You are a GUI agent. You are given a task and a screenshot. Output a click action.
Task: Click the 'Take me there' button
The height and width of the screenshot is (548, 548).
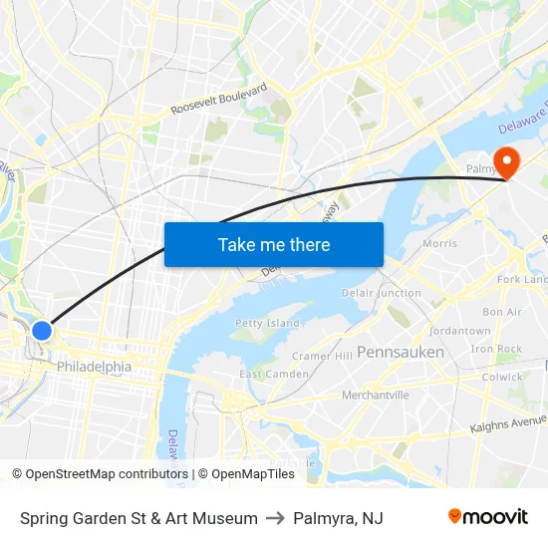pyautogui.click(x=274, y=244)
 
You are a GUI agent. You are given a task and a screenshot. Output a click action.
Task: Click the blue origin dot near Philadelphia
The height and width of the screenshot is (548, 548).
pyautogui.click(x=42, y=330)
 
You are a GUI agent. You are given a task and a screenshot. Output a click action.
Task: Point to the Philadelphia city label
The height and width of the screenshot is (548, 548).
pyautogui.click(x=94, y=367)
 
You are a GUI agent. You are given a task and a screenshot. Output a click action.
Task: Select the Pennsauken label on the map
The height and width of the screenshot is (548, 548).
pyautogui.click(x=401, y=352)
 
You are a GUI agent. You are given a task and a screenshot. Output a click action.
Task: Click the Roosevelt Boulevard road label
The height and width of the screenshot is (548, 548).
pyautogui.click(x=219, y=99)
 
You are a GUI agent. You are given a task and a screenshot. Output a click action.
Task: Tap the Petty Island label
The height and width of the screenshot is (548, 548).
pyautogui.click(x=267, y=323)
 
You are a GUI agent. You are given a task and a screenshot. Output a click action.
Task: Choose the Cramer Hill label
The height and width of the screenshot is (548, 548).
pyautogui.click(x=322, y=356)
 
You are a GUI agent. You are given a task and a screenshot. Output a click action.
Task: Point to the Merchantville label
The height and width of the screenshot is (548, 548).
pyautogui.click(x=376, y=395)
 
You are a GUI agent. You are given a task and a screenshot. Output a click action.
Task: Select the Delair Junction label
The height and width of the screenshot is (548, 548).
pyautogui.click(x=382, y=293)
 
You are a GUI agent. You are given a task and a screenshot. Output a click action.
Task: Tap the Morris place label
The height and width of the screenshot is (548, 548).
pyautogui.click(x=439, y=243)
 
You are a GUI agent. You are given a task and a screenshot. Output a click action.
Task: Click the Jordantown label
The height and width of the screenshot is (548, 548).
pyautogui.click(x=459, y=331)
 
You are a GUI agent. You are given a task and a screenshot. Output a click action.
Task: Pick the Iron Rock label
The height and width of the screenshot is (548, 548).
pyautogui.click(x=496, y=349)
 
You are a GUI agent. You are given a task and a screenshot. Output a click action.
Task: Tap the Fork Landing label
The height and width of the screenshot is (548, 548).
pyautogui.click(x=524, y=280)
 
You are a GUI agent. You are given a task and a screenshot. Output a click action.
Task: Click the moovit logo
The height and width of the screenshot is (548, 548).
pyautogui.click(x=488, y=517)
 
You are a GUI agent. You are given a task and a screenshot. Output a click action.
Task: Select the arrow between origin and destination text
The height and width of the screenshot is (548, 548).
pyautogui.click(x=275, y=518)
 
